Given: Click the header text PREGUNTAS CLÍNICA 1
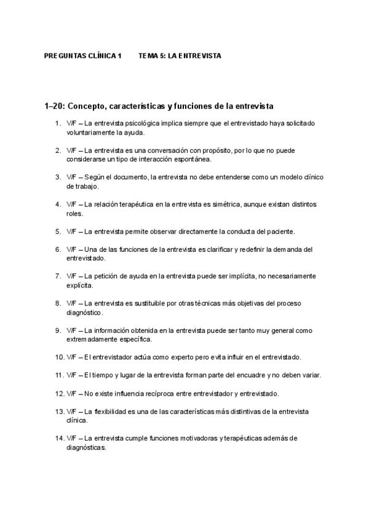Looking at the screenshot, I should (x=83, y=55).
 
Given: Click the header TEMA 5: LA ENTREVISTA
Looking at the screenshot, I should (x=180, y=55).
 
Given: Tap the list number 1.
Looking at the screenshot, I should (x=58, y=123).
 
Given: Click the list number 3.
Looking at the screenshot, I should (x=58, y=177).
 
